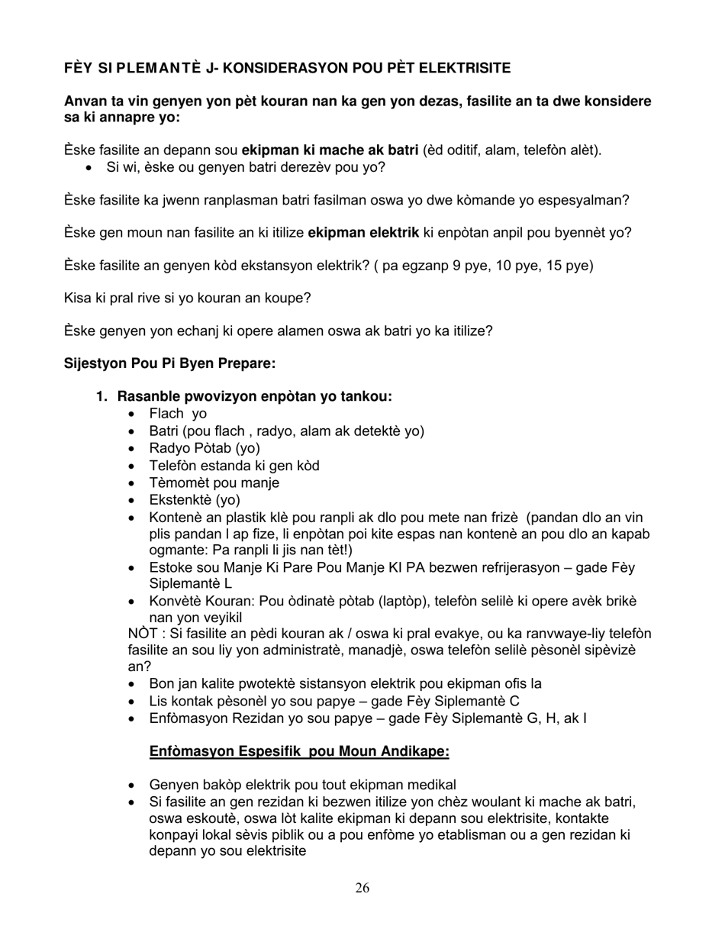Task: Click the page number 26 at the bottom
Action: (362, 887)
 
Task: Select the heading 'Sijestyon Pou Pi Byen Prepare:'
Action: (169, 363)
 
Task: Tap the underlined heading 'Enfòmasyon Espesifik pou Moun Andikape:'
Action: (299, 752)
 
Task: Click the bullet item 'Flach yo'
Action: (178, 414)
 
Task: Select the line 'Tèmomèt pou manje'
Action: (214, 482)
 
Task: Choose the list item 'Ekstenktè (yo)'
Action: (195, 500)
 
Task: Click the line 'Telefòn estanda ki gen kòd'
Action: (234, 466)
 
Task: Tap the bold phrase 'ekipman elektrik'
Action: (363, 233)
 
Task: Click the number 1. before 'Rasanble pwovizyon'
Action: (101, 396)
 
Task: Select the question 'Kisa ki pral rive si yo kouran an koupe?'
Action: (187, 298)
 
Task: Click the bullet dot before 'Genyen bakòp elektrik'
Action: (134, 786)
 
